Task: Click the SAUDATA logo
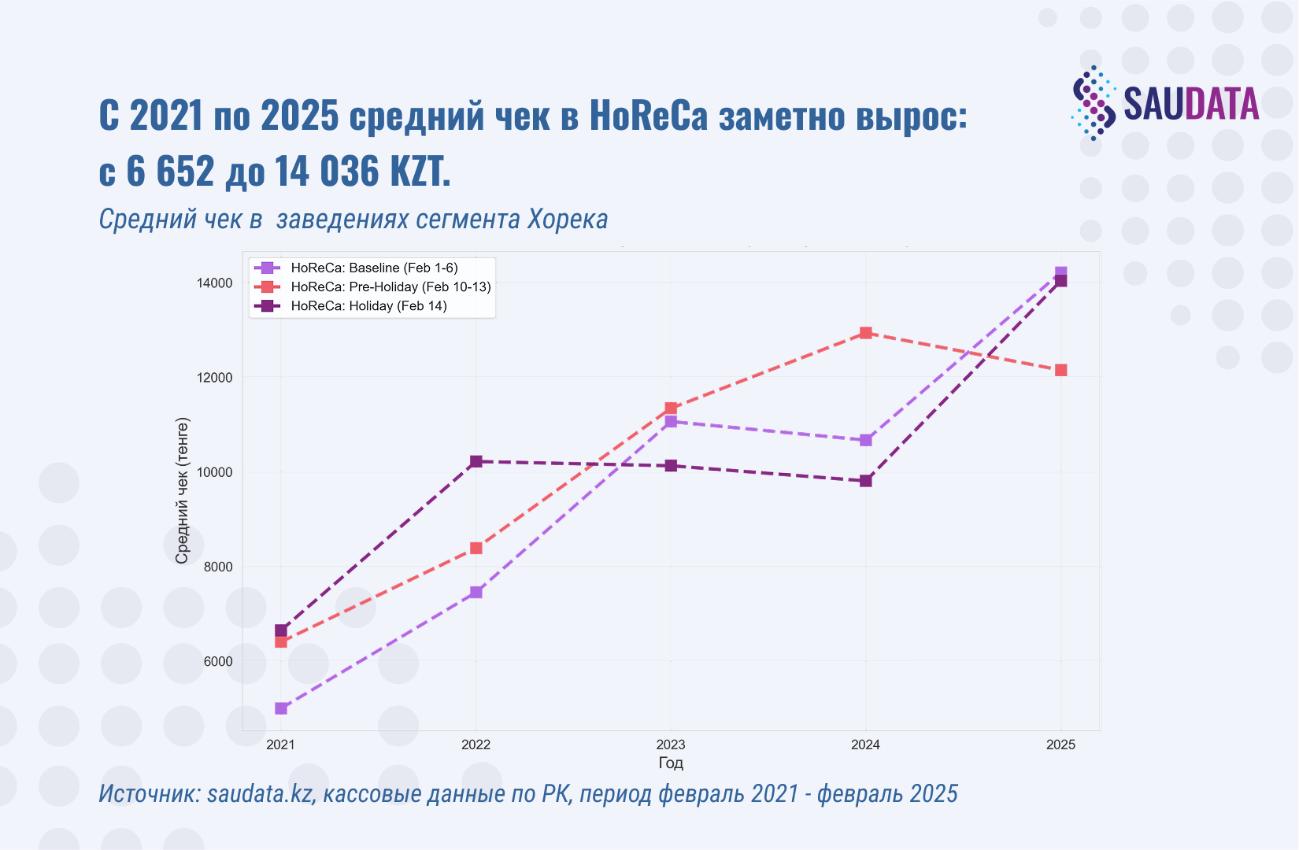pyautogui.click(x=1165, y=103)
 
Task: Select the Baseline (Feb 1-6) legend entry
pyautogui.click(x=374, y=268)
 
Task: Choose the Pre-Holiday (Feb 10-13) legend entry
pyautogui.click(x=390, y=286)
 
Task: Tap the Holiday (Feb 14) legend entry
pyautogui.click(x=368, y=305)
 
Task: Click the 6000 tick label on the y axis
pyautogui.click(x=218, y=661)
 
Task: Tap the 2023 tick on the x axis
pyautogui.click(x=671, y=745)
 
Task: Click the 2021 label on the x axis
pyautogui.click(x=280, y=745)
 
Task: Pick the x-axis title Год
pyautogui.click(x=671, y=763)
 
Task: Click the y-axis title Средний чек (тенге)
pyautogui.click(x=182, y=491)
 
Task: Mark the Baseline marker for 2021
pyautogui.click(x=281, y=708)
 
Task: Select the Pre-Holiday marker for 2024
pyautogui.click(x=866, y=333)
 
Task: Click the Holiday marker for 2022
pyautogui.click(x=476, y=461)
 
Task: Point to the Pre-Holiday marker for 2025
pyautogui.click(x=1061, y=370)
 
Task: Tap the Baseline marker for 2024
pyautogui.click(x=866, y=440)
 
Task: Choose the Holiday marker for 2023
pyautogui.click(x=671, y=466)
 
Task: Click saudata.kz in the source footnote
pyautogui.click(x=260, y=793)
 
